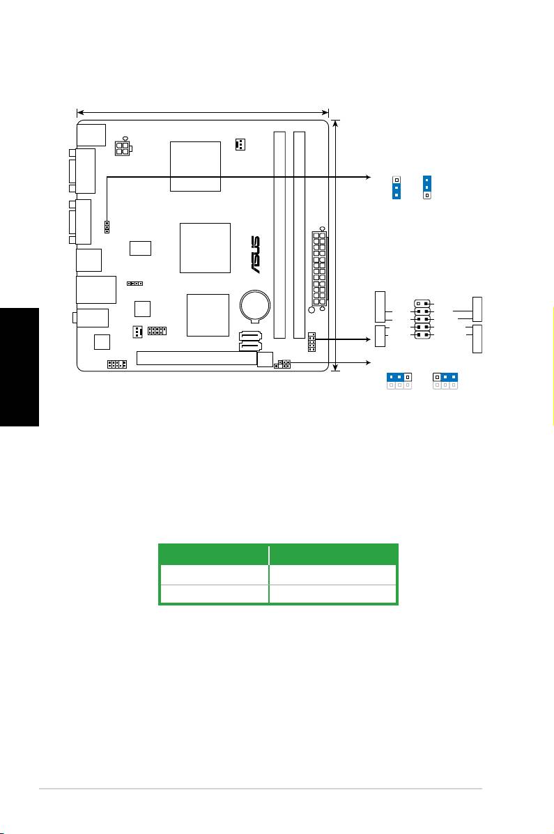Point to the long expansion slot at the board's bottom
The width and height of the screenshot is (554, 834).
coord(197,359)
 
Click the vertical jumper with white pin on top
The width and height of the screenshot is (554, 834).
coord(396,187)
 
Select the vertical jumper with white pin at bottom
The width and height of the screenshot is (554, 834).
coord(426,187)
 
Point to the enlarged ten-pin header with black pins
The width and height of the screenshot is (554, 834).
coord(422,319)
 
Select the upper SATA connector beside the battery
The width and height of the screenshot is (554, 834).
coord(251,337)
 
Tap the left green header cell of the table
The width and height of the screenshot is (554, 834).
coord(215,554)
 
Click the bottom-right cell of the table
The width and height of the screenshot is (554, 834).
coord(332,594)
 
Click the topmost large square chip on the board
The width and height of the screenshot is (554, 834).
coord(196,166)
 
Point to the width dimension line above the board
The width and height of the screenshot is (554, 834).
coord(202,111)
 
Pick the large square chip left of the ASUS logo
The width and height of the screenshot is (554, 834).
coord(205,248)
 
